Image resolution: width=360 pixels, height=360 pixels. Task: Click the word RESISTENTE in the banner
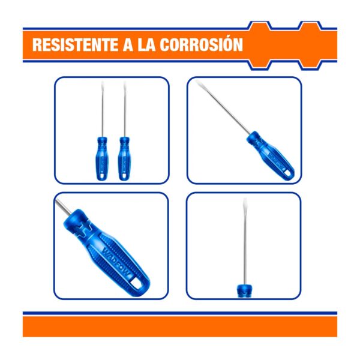[75, 44]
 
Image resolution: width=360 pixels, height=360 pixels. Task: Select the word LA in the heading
[146, 44]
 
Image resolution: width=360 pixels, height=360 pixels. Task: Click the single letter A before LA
[128, 44]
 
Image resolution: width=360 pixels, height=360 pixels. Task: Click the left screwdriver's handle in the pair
[101, 158]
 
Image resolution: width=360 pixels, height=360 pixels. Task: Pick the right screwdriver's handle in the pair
[124, 158]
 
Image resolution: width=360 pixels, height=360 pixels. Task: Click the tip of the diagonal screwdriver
[197, 82]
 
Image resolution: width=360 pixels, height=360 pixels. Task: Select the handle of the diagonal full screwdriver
[271, 155]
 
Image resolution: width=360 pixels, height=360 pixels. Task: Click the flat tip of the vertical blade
[245, 201]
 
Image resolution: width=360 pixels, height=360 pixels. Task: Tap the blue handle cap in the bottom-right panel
[245, 291]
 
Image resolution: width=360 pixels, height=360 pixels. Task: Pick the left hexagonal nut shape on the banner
[260, 45]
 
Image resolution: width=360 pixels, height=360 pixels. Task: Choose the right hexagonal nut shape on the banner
[311, 45]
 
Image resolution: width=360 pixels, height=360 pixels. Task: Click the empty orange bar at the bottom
[180, 326]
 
